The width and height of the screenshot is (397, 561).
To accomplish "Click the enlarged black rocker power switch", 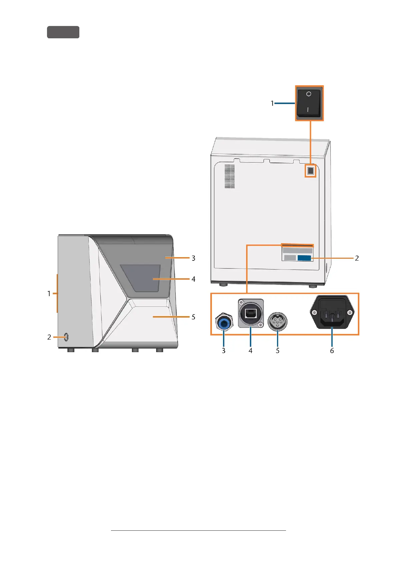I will pos(309,103).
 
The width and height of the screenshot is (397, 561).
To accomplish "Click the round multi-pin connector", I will pos(277,322).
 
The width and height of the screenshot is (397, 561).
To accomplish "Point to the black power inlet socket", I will pos(332,312).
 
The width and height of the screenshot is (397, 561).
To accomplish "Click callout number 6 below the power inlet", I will pos(332,350).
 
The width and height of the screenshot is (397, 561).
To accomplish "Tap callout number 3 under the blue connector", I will pos(224,350).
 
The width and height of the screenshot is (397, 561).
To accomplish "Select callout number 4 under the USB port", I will pos(250,350).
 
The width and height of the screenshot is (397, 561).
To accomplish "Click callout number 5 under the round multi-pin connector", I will pos(277,350).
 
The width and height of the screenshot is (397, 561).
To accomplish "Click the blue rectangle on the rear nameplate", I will pos(304,258).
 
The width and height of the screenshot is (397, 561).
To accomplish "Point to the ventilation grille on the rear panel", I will pos(229,176).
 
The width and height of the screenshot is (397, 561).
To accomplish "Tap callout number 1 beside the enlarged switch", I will pos(272,103).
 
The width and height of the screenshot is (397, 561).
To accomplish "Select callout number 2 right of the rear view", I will pos(357,258).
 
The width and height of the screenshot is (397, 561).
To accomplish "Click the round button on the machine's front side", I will pos(66,337).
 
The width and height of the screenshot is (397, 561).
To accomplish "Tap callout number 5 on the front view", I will pos(193,317).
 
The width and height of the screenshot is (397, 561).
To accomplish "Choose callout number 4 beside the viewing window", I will pos(193,279).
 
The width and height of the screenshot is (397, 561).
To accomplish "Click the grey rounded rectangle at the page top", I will pos(63,32).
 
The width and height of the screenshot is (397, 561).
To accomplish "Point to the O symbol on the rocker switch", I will pos(309,94).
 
